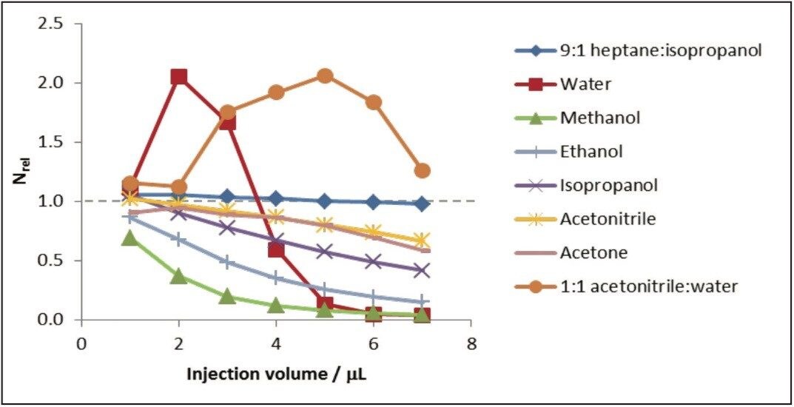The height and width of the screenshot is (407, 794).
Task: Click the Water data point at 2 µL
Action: point(178,77)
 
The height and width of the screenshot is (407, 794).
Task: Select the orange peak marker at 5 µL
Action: point(325,75)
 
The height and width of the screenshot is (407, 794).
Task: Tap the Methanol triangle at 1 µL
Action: point(130,238)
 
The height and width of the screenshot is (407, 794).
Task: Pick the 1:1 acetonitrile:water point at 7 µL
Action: point(422,170)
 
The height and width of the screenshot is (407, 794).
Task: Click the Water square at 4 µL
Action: point(276,249)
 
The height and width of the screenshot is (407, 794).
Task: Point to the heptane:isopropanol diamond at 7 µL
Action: point(422,203)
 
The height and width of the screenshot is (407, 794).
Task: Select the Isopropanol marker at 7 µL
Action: point(422,270)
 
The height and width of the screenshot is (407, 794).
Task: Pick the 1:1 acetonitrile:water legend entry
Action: point(648,286)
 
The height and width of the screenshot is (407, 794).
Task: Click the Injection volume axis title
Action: point(276,373)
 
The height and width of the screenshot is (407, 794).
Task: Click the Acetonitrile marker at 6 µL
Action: point(374,232)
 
